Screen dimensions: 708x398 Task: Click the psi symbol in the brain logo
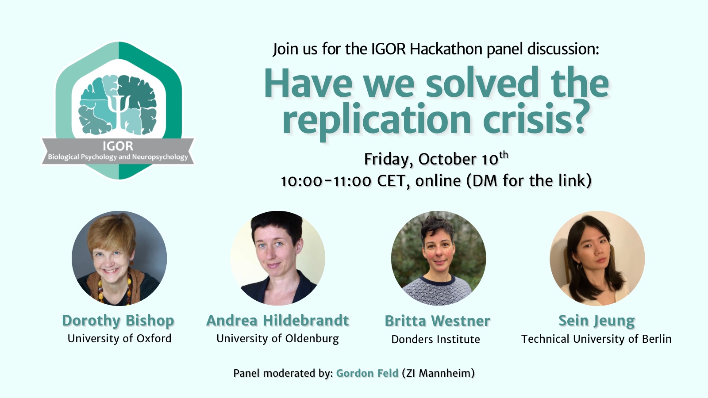pyautogui.click(x=118, y=109)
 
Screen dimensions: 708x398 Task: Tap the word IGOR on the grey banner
pyautogui.click(x=118, y=146)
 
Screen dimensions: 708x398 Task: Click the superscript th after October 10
pyautogui.click(x=504, y=155)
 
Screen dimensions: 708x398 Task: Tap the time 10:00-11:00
pyautogui.click(x=326, y=181)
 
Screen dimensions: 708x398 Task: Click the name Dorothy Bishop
pyautogui.click(x=118, y=321)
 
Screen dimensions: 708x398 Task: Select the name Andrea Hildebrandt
pyautogui.click(x=277, y=320)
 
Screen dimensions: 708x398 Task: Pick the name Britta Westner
pyautogui.click(x=438, y=321)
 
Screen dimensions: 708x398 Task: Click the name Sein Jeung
pyautogui.click(x=597, y=321)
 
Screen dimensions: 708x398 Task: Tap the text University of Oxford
pyautogui.click(x=119, y=339)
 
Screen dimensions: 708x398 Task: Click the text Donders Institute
pyautogui.click(x=435, y=339)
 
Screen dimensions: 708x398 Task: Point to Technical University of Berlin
pyautogui.click(x=596, y=339)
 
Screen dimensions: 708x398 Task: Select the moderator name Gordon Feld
pyautogui.click(x=367, y=373)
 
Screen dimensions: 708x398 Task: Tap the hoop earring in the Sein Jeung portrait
pyautogui.click(x=579, y=267)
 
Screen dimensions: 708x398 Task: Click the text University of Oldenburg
pyautogui.click(x=277, y=339)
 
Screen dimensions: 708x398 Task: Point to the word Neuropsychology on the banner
pyautogui.click(x=160, y=157)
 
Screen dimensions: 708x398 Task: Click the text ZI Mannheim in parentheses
pyautogui.click(x=439, y=373)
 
